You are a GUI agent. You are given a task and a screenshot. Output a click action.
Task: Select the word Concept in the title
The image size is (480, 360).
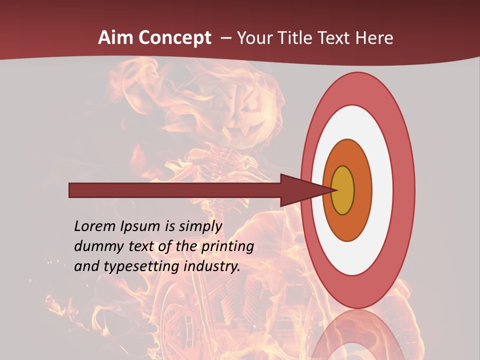coord(175,38)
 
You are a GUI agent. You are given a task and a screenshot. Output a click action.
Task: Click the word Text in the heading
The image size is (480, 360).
coord(336,38)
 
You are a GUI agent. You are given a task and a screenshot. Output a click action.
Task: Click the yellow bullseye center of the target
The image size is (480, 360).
coord(343,190)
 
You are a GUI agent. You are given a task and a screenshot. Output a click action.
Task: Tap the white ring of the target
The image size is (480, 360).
coord(381,190)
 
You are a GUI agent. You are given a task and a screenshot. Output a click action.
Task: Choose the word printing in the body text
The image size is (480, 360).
coord(227,246)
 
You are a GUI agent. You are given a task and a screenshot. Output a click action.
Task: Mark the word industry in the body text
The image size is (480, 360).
coord(212,266)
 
